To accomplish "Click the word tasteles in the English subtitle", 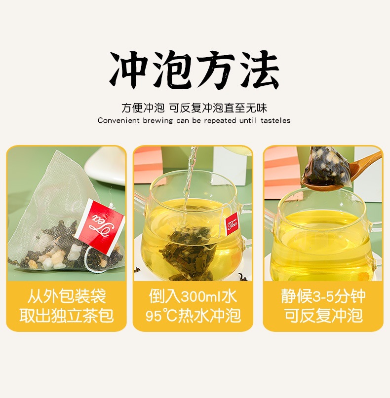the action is pos(275,120).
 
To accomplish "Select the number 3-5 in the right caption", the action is pos(323,296).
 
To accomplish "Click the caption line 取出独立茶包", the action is pos(66,316).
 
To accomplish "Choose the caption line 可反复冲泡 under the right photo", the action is pos(323,316).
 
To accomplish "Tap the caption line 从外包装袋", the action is pos(66,296).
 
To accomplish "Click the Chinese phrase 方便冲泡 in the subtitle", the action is pos(143,108).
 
